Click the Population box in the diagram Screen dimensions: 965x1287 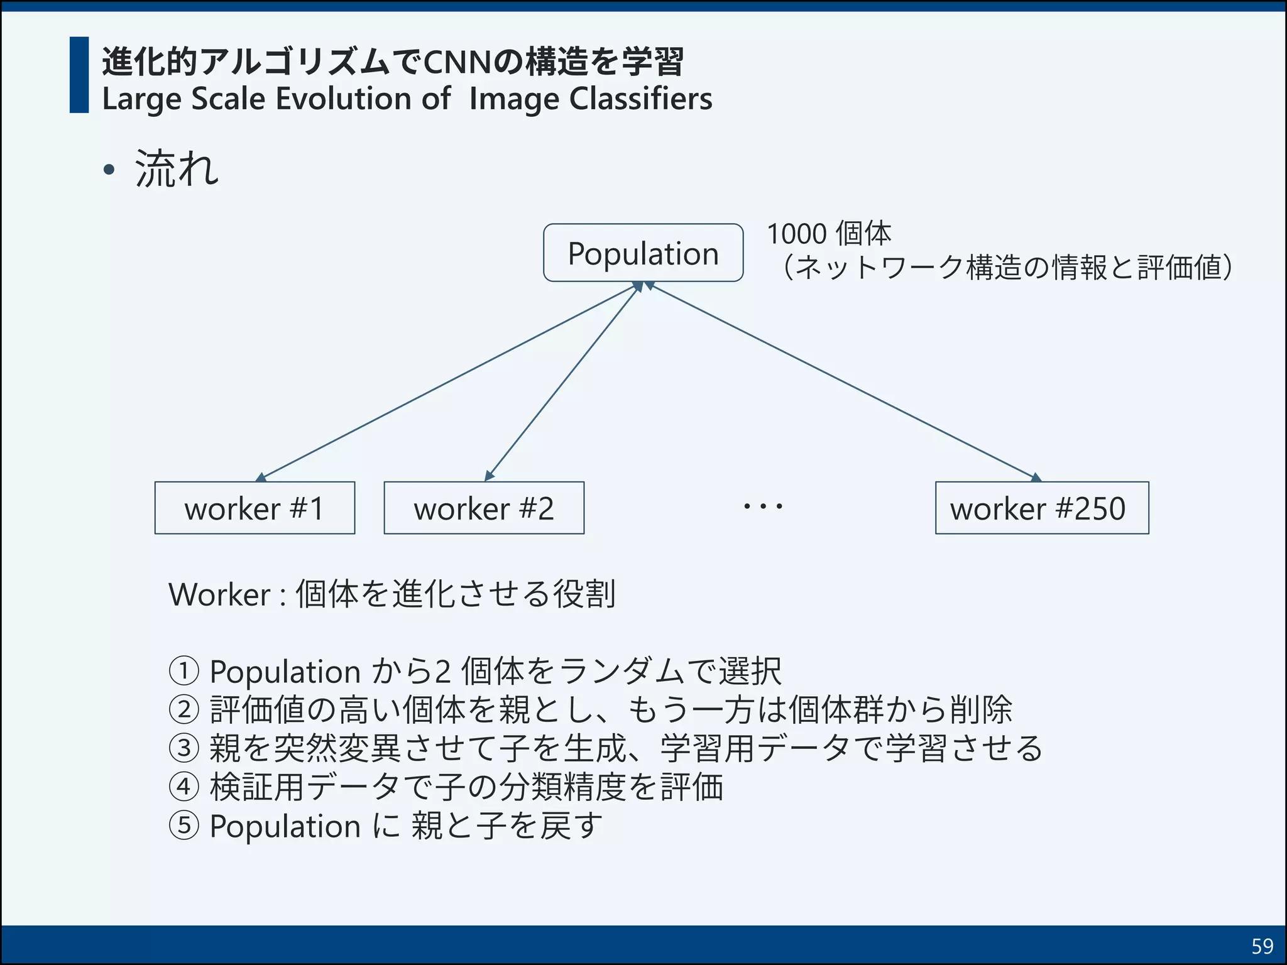(x=643, y=253)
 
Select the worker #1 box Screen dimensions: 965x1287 (x=255, y=508)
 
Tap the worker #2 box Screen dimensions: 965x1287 (x=484, y=508)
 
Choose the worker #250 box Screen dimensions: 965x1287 (x=1041, y=508)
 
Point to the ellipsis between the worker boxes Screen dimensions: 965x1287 (x=763, y=506)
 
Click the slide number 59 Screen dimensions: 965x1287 (x=1262, y=946)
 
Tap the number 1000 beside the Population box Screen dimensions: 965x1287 (x=797, y=234)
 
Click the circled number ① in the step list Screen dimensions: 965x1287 (x=184, y=671)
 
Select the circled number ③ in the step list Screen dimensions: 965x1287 (x=184, y=748)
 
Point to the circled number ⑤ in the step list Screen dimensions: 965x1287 (x=184, y=826)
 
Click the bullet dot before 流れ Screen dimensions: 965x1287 (x=109, y=170)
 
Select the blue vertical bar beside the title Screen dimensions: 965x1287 (x=79, y=75)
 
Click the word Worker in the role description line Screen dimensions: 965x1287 (x=219, y=594)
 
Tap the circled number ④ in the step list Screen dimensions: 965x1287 (x=184, y=787)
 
